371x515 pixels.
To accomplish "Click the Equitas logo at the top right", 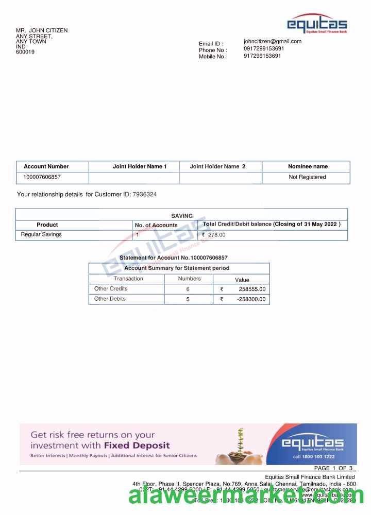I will click(317, 24).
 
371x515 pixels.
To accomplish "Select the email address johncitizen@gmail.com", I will click(273, 41).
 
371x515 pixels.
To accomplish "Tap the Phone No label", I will click(212, 50).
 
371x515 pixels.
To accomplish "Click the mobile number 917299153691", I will click(262, 56).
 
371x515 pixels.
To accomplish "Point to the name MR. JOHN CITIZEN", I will click(42, 30).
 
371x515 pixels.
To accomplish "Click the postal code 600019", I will click(25, 52).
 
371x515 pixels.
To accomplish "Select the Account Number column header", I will click(46, 166).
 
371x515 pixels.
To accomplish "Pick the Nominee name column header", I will click(308, 166).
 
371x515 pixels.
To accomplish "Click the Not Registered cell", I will click(307, 177).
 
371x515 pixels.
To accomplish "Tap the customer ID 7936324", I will click(145, 195).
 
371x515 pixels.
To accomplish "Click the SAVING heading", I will click(182, 216).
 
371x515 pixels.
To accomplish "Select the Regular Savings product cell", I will click(41, 235).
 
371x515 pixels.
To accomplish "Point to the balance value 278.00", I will click(216, 235).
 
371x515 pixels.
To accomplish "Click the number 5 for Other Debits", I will click(188, 299).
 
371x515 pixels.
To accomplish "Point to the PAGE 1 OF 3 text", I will click(333, 468).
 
